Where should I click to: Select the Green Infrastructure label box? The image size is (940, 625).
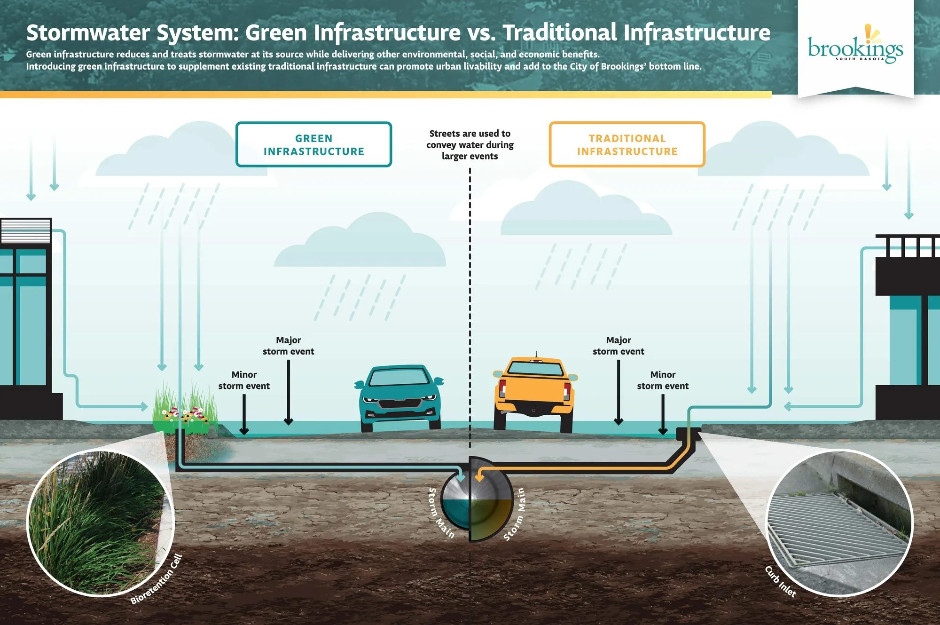[313, 144]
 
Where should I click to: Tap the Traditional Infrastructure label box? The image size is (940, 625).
[627, 144]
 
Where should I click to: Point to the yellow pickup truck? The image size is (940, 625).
[534, 393]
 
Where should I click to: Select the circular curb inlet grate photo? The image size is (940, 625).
[839, 522]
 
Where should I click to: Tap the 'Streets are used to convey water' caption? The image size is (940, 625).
[470, 145]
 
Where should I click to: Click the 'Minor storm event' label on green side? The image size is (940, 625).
[244, 380]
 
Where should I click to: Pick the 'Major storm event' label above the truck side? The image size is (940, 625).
[618, 346]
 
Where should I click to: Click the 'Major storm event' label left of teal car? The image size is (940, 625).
[288, 346]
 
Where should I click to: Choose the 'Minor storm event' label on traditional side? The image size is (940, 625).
[663, 380]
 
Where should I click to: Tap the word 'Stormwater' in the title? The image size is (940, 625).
[88, 33]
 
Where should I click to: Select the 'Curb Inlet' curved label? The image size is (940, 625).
[780, 582]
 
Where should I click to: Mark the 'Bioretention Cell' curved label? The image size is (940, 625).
[156, 579]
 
